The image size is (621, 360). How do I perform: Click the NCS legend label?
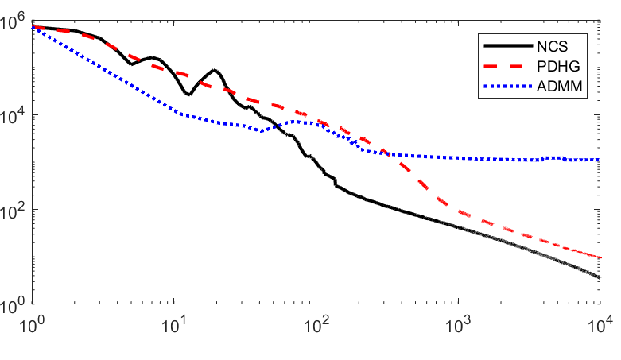(552, 46)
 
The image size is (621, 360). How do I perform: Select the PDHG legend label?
(558, 66)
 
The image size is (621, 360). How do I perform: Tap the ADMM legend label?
(559, 86)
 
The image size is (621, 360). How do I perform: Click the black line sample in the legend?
(508, 46)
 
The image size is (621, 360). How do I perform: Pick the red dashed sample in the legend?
(508, 66)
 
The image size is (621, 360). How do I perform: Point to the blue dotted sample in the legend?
(508, 86)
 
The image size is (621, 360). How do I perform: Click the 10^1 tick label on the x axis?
(173, 326)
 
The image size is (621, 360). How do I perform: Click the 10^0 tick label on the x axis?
(30, 326)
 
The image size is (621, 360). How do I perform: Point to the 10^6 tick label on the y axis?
(12, 21)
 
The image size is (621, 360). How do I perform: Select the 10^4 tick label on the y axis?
(12, 116)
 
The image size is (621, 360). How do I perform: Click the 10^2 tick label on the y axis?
(12, 211)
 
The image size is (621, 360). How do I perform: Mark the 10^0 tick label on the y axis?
(12, 305)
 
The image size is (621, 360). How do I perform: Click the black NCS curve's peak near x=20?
(215, 70)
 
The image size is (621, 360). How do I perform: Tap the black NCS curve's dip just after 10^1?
(188, 95)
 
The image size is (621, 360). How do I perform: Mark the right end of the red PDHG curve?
(600, 257)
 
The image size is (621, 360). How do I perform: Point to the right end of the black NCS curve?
(600, 277)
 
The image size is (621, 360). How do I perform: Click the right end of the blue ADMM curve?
(600, 160)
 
